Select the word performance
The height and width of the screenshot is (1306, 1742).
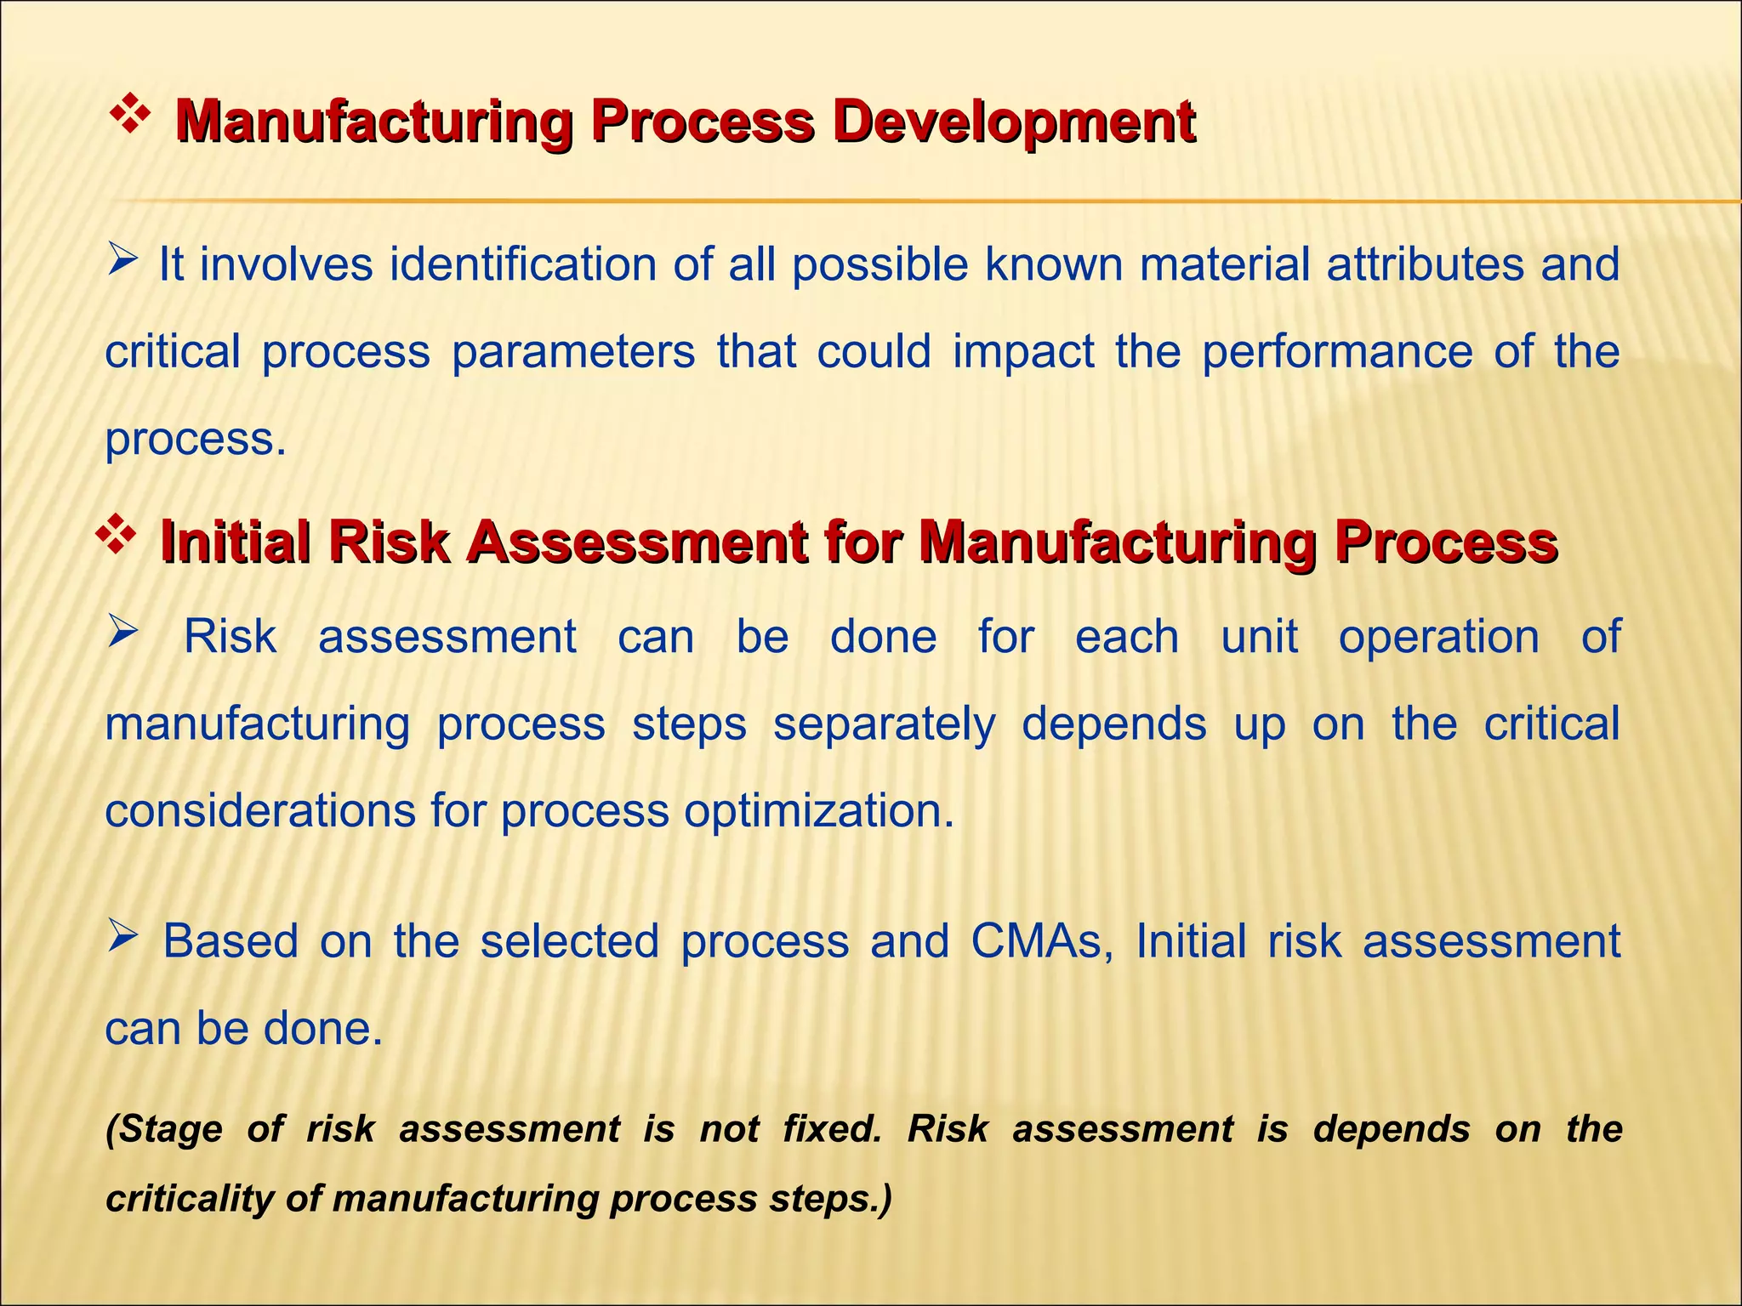tap(1337, 352)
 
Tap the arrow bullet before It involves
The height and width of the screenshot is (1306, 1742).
tap(123, 258)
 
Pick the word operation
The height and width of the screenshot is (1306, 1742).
tap(1439, 638)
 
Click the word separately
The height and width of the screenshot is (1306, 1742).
tap(884, 724)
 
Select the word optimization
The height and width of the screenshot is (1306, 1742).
tap(818, 811)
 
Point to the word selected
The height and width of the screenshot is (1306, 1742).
tap(569, 941)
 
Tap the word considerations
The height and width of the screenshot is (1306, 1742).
tap(260, 811)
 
